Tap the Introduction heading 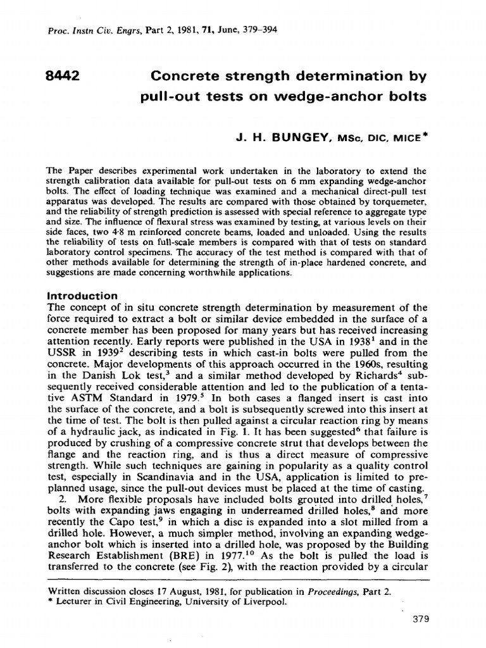[x=82, y=296]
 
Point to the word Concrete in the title [x=184, y=77]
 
